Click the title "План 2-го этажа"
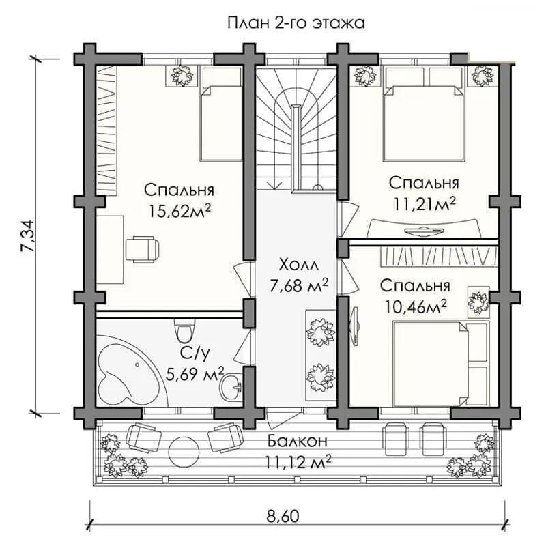point(296,23)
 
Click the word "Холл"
point(298,263)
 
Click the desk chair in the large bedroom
point(143,248)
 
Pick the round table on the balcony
point(182,448)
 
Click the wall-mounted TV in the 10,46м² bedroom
point(355,328)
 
